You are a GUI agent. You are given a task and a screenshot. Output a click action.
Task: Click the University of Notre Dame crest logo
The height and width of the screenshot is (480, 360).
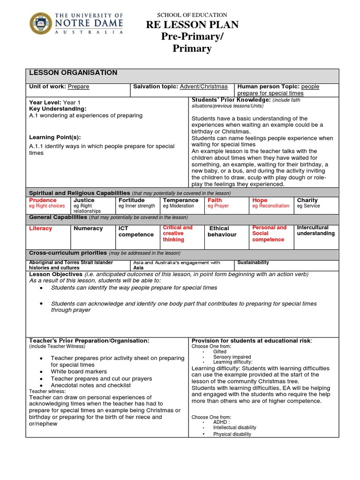(41, 23)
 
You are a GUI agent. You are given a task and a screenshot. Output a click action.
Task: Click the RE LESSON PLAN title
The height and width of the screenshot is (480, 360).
(192, 25)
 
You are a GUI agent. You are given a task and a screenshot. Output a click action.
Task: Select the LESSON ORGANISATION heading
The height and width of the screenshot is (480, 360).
(73, 73)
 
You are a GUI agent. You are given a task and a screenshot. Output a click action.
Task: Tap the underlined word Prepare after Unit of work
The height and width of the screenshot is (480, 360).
(78, 87)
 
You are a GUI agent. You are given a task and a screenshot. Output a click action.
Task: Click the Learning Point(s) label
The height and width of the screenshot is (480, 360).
(55, 137)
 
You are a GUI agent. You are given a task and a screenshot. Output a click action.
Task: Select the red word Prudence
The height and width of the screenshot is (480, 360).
(43, 200)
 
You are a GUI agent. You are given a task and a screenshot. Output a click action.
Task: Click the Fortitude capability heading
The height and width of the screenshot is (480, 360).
(132, 200)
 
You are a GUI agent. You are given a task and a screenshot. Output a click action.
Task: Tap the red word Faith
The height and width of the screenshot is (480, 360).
(215, 200)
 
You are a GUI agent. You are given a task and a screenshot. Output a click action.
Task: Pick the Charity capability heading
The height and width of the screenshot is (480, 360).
(307, 200)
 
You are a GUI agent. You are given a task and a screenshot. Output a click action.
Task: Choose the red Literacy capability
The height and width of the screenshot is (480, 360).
(41, 228)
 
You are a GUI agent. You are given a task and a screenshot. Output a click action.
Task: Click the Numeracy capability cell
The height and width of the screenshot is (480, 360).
(88, 228)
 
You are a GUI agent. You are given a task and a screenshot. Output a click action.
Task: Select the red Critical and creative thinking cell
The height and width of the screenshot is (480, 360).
(178, 233)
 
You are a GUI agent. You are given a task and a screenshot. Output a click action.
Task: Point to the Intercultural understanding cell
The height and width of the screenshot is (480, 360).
(316, 230)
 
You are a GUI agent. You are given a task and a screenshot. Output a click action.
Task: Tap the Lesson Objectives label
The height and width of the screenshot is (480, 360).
(56, 274)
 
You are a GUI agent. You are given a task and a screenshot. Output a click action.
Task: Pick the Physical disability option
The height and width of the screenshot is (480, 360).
(232, 434)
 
